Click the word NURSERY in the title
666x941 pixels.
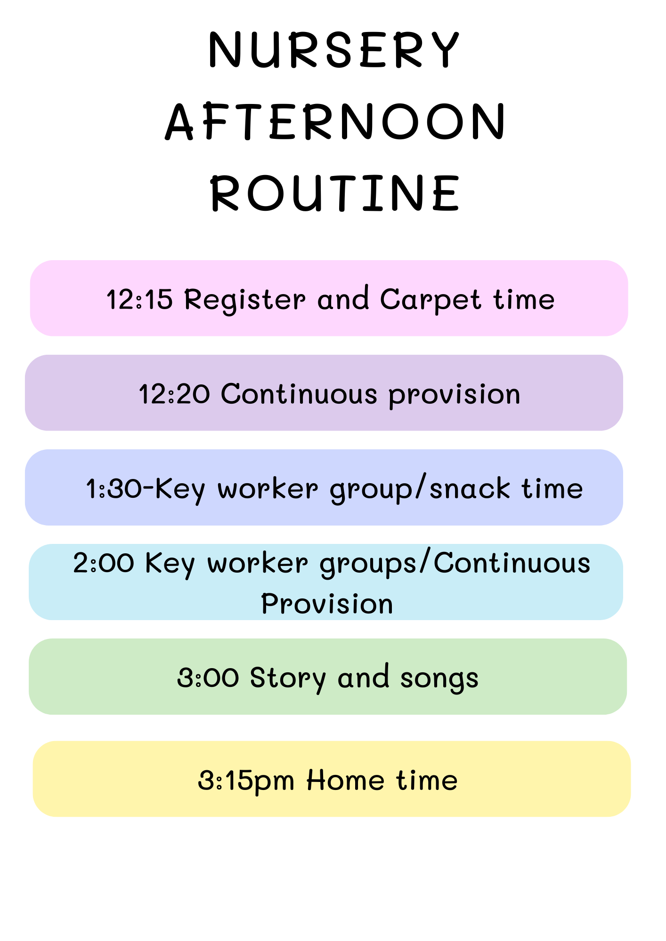pos(334,50)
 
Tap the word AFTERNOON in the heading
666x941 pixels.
pos(335,122)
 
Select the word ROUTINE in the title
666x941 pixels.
pos(335,193)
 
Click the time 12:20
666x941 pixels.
pos(174,394)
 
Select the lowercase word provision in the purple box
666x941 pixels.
pos(455,395)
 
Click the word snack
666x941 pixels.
pos(470,488)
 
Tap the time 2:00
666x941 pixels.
pos(104,563)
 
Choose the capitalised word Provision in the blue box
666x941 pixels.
pos(327,604)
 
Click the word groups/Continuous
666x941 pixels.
pos(455,563)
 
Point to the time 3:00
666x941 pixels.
pos(208,678)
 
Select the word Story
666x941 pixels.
pos(288,679)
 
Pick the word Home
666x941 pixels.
pos(346,780)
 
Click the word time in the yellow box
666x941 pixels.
pos(427,780)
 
